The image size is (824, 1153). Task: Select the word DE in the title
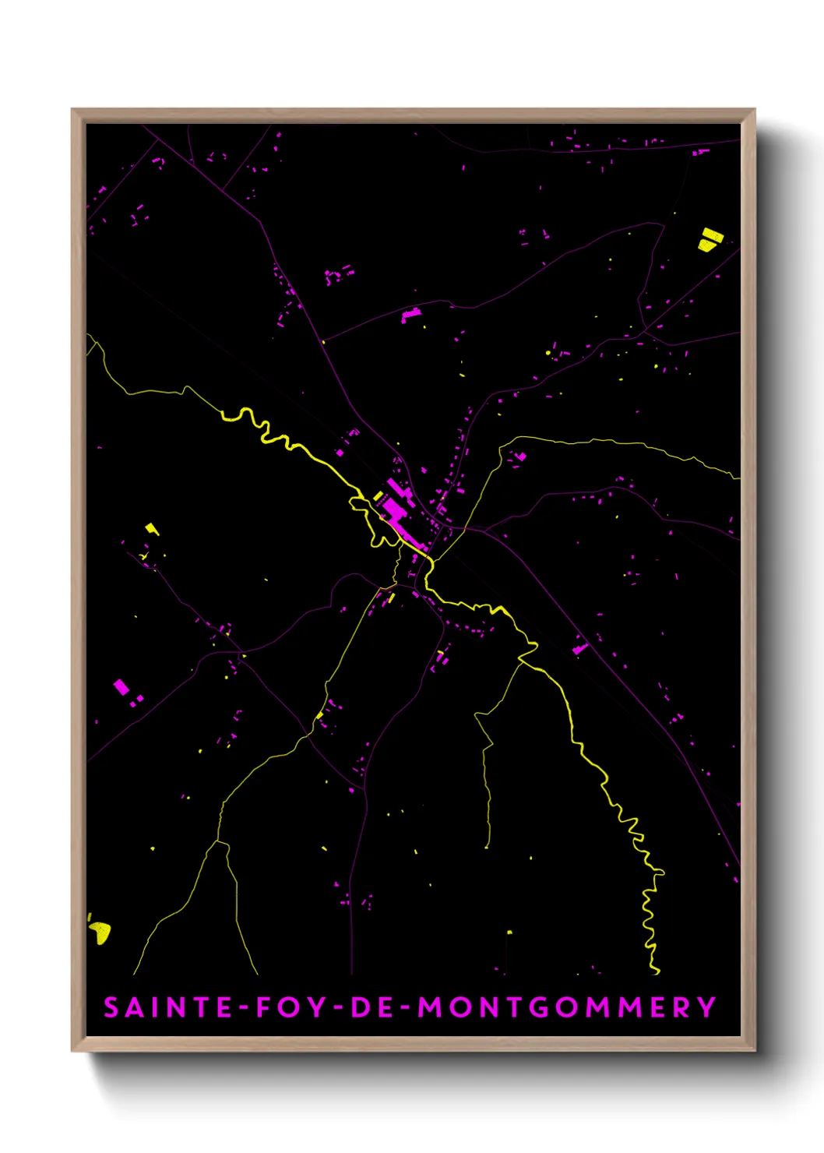coord(372,1007)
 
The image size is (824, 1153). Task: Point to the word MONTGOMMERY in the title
coord(567,1007)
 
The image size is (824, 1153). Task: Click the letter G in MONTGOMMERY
coord(538,1007)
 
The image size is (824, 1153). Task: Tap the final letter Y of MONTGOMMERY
coord(706,1007)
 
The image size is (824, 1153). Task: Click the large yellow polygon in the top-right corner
coord(710,239)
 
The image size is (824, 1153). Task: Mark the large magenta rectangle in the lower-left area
coord(121,686)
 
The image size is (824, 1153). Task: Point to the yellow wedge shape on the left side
coord(152,529)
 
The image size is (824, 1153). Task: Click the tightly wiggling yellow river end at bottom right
coord(649,919)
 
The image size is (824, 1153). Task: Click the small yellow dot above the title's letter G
coord(509,932)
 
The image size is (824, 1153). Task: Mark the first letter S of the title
coord(111,1007)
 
